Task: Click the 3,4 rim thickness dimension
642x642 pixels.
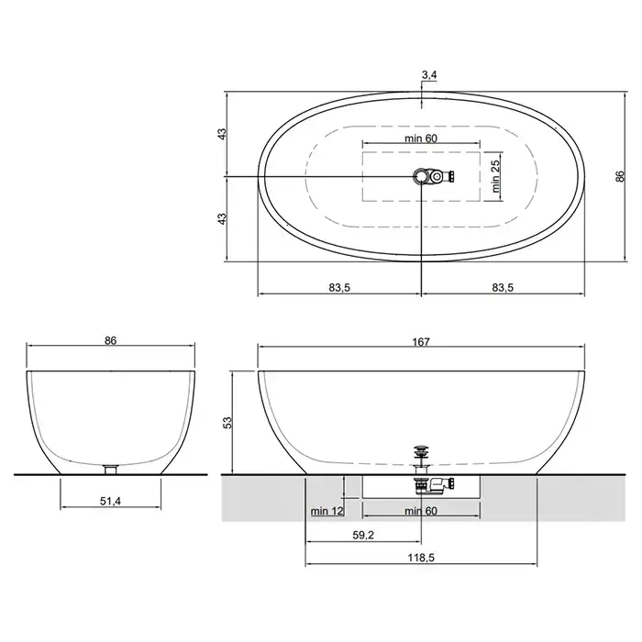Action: (x=429, y=75)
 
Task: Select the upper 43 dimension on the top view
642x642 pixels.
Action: (x=222, y=134)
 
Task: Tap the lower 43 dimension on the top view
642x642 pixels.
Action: (x=222, y=218)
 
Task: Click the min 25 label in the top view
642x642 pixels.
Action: (x=496, y=176)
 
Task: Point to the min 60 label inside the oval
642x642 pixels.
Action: (x=421, y=138)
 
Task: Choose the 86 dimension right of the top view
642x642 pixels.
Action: (x=621, y=176)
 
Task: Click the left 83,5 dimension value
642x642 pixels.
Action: (x=339, y=288)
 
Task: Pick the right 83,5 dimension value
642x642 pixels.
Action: (x=503, y=288)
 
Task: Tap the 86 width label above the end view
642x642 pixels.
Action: (x=111, y=340)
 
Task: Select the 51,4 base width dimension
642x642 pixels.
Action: (x=111, y=501)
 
